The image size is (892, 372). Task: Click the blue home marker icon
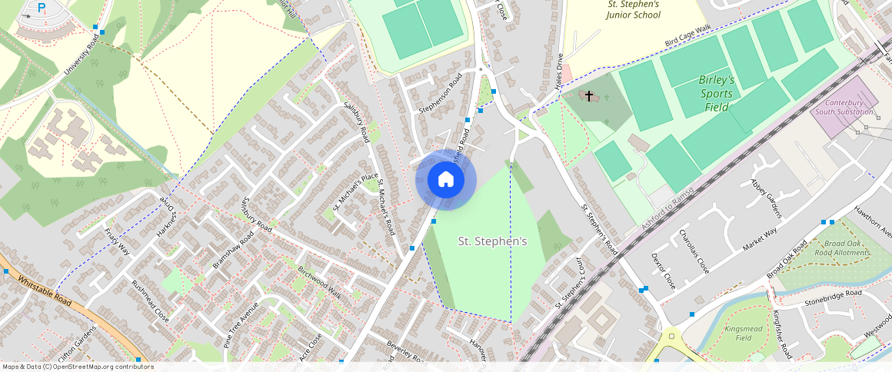click(x=446, y=180)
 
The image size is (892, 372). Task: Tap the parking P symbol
click(x=42, y=8)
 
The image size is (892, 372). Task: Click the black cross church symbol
click(x=590, y=96)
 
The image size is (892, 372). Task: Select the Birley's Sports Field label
click(x=717, y=94)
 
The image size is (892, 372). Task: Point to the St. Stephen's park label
click(x=492, y=241)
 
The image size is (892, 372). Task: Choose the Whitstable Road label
click(x=44, y=291)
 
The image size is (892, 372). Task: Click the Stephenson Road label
click(x=441, y=94)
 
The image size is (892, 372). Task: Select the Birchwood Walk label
click(x=319, y=283)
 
